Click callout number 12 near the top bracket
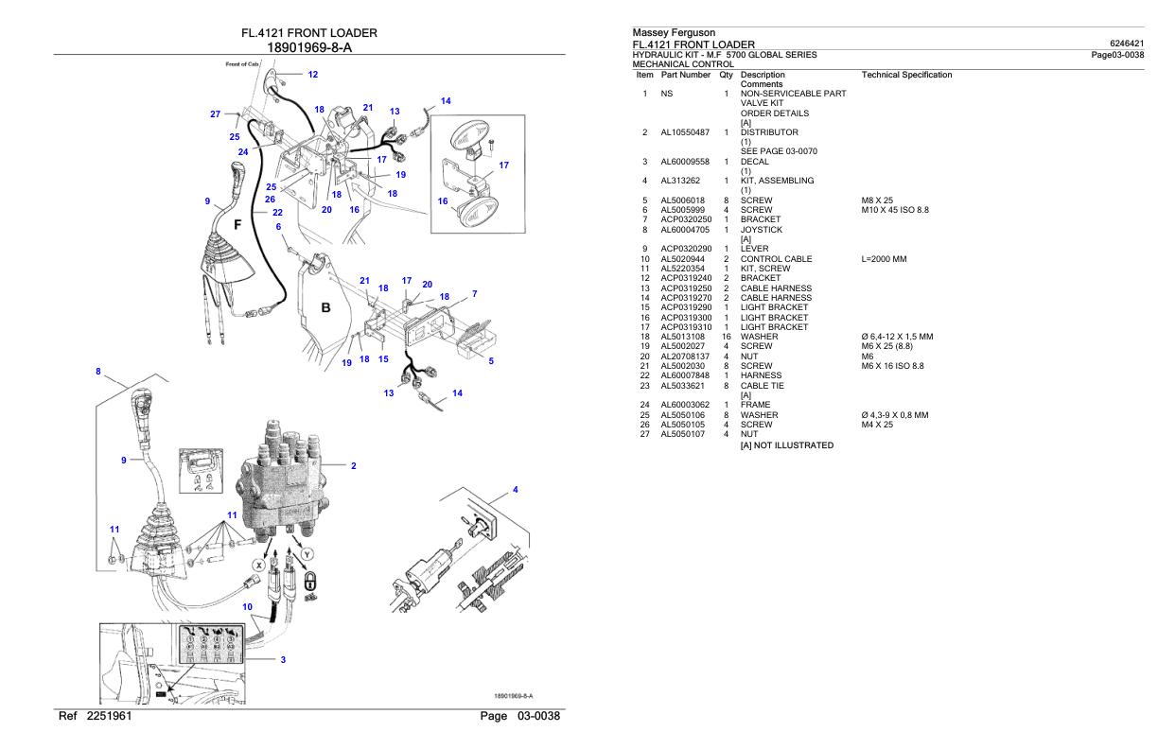click(x=312, y=74)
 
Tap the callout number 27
click(x=216, y=114)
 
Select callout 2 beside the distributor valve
click(x=353, y=465)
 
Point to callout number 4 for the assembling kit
click(x=516, y=489)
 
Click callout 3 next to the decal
click(x=283, y=661)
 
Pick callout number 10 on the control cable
click(x=247, y=606)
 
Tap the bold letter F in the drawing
click(x=237, y=226)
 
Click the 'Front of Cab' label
click(x=240, y=63)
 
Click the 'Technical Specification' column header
click(x=906, y=74)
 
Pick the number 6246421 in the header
click(x=1126, y=44)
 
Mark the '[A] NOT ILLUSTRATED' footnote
click(x=787, y=445)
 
